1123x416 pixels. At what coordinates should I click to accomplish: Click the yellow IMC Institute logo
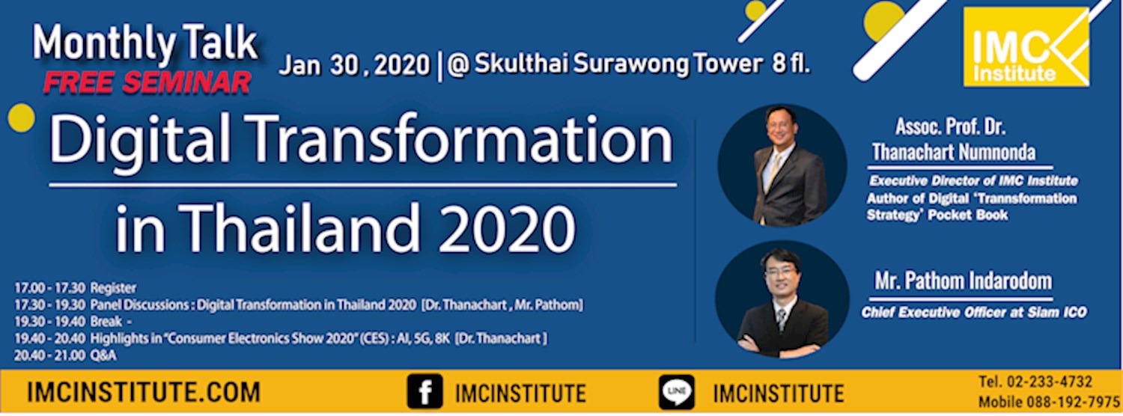point(1026,46)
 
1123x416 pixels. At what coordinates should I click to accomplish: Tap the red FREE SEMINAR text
point(147,83)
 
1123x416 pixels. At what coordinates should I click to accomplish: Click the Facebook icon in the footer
point(424,392)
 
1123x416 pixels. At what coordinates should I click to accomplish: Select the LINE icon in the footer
point(676,392)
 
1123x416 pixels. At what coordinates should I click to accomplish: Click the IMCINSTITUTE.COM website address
point(144,392)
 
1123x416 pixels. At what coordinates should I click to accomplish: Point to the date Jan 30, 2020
point(355,65)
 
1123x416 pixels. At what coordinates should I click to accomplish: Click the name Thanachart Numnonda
point(954,153)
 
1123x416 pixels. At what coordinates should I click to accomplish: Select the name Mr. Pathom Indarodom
point(963,282)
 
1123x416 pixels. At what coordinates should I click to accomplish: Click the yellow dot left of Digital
point(21,118)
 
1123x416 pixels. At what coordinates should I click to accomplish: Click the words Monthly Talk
point(145,46)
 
